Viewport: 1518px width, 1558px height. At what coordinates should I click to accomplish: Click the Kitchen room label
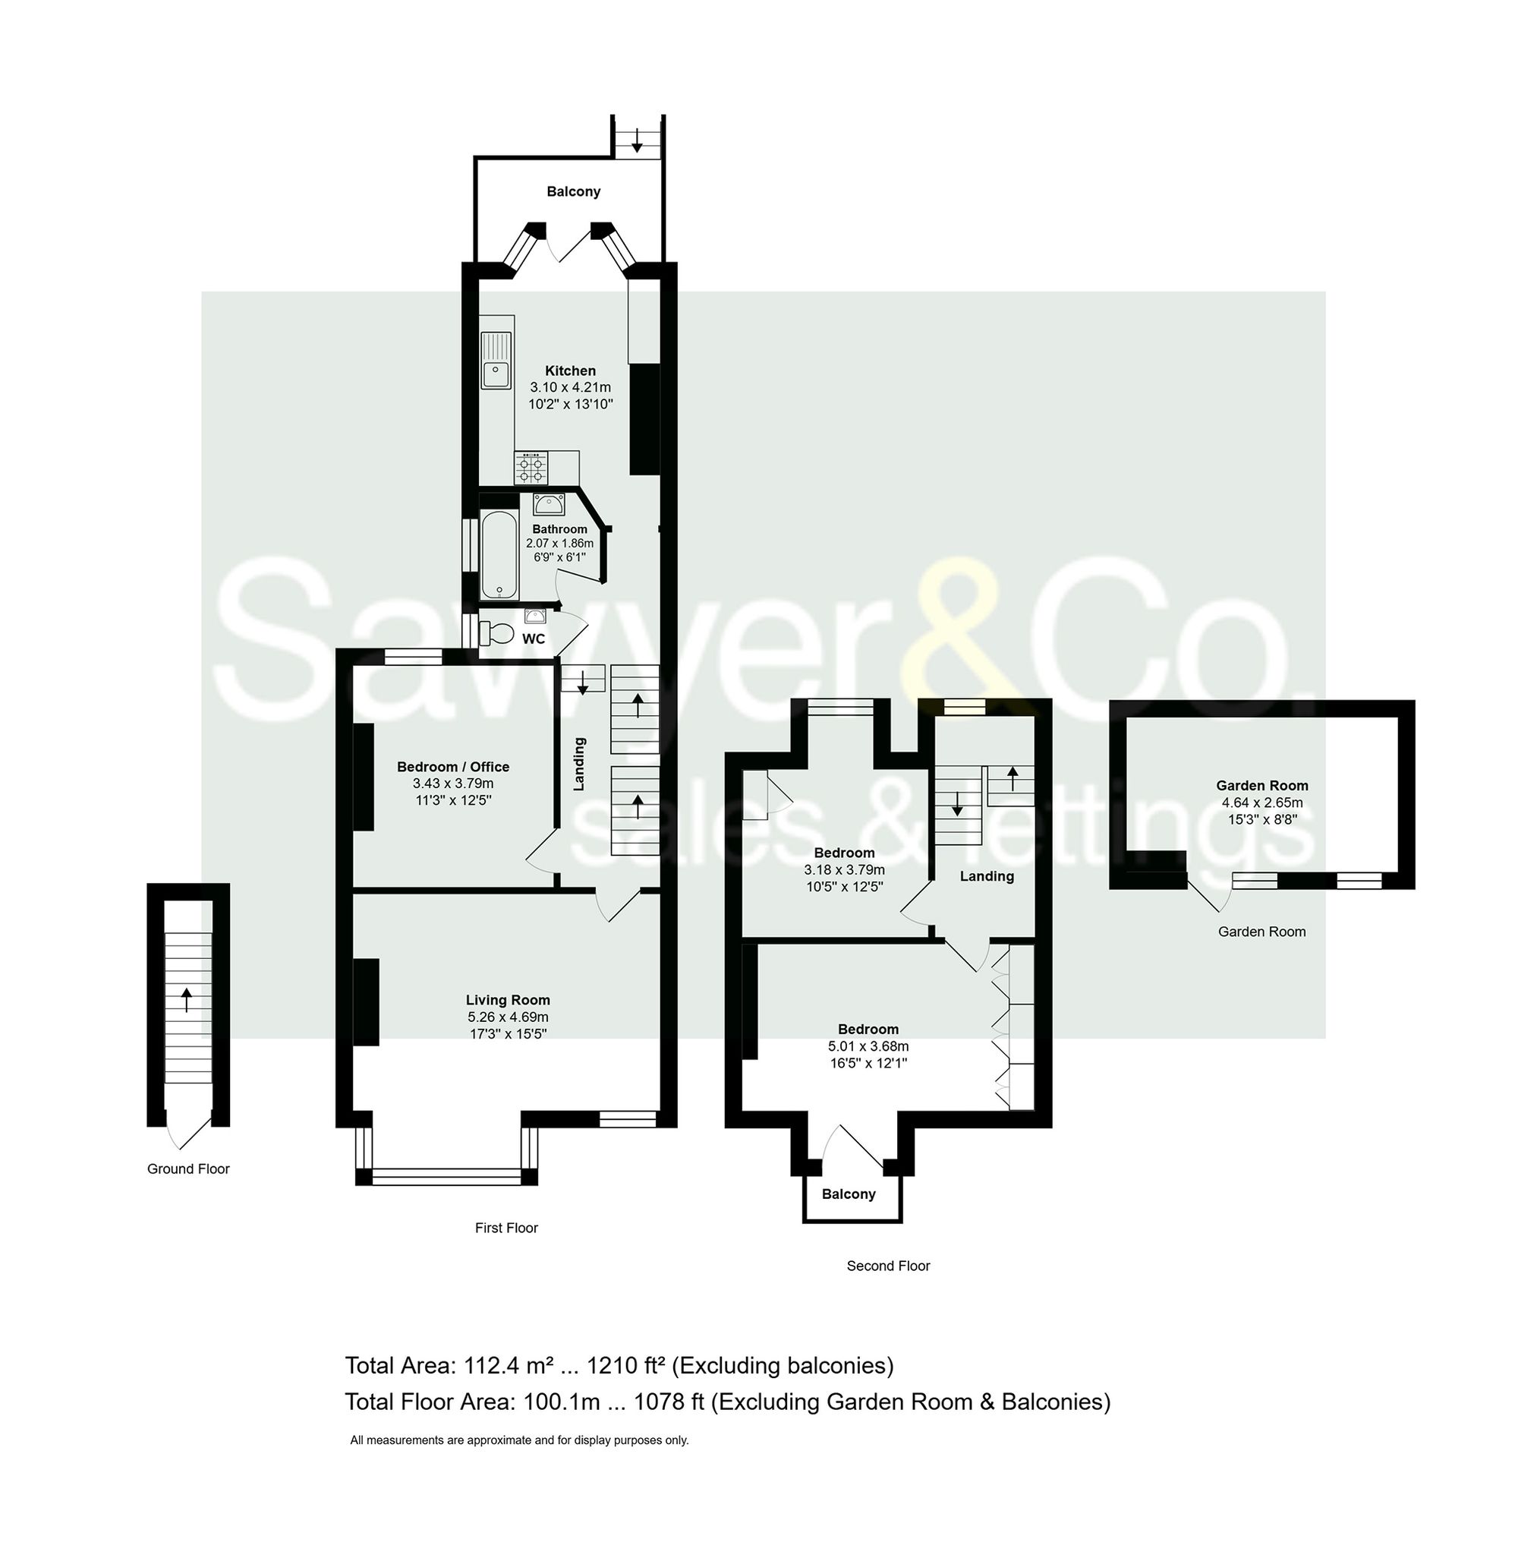pos(570,371)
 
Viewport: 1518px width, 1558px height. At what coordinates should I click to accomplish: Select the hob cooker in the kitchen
pos(531,468)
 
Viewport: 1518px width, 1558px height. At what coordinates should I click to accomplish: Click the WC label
pos(534,639)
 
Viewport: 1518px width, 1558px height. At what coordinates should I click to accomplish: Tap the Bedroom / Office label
pos(453,766)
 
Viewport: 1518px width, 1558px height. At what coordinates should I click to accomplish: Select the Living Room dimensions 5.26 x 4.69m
pos(508,1017)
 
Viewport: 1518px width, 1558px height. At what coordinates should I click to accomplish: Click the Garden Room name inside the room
pos(1261,785)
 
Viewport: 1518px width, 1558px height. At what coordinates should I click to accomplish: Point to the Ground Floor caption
pos(188,1169)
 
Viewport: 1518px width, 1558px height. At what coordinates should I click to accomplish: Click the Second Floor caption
pos(888,1266)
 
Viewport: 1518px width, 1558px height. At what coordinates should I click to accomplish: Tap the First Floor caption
pos(506,1228)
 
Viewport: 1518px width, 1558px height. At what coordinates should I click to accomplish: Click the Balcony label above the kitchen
pos(573,191)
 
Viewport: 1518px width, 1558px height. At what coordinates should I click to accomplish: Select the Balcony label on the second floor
pos(849,1194)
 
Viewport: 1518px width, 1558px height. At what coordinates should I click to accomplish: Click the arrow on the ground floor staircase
pos(187,999)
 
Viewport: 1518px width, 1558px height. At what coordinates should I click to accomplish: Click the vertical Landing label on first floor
pos(580,764)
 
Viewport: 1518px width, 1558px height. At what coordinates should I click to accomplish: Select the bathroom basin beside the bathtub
pos(550,504)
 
